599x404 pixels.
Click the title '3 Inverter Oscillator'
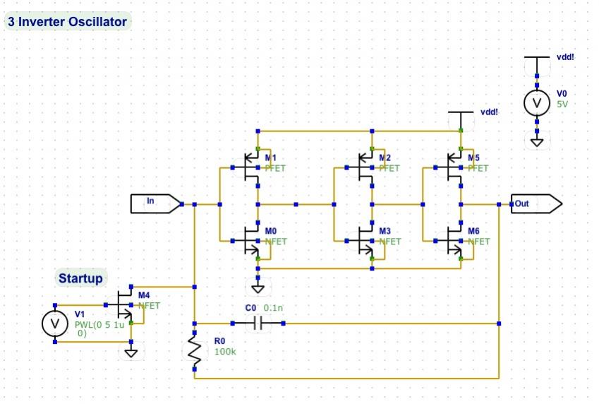pos(67,21)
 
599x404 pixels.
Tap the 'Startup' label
pos(80,278)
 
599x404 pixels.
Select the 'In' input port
pos(155,203)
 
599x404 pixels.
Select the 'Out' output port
pos(536,203)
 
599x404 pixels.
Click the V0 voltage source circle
pos(537,103)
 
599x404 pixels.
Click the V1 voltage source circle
pos(55,323)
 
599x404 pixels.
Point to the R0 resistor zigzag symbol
pos(195,351)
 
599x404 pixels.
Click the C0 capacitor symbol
pos(258,323)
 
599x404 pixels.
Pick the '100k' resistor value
pos(225,352)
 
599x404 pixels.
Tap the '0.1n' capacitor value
pos(273,308)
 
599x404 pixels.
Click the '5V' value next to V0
pos(562,104)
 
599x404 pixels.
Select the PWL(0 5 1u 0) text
pos(99,328)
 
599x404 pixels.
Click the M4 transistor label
pos(144,295)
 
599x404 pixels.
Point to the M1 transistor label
pos(270,158)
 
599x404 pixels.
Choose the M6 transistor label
pos(473,231)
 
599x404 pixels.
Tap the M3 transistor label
pos(385,231)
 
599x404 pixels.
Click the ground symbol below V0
pos(537,142)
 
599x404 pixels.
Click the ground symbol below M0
pos(258,288)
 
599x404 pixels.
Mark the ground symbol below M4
pos(131,352)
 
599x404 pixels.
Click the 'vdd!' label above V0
pos(565,57)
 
